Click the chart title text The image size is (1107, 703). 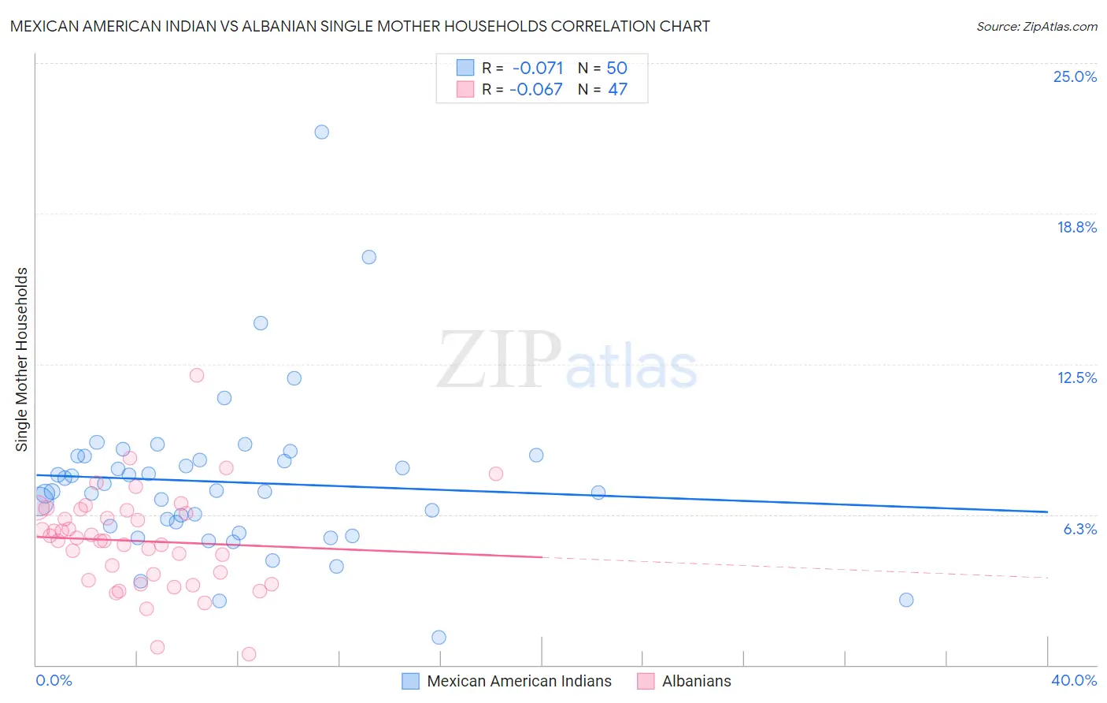(360, 26)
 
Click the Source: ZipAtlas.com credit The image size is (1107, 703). (1036, 26)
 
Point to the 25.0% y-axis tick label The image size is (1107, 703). (1075, 76)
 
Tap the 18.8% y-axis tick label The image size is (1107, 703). (1076, 227)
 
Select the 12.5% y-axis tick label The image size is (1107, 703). (1076, 378)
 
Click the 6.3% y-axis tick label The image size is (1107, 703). (1079, 529)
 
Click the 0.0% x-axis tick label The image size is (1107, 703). (54, 680)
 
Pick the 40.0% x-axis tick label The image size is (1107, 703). (1073, 680)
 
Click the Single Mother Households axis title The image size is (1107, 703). (22, 359)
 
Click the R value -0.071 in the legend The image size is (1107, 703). (538, 69)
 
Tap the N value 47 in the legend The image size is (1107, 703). (617, 90)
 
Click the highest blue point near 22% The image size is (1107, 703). (321, 132)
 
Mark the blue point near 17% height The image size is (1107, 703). (368, 257)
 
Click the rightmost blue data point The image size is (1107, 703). (906, 600)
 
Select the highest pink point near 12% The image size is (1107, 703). (197, 375)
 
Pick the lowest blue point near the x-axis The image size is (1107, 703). (439, 638)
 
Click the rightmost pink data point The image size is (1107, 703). (495, 474)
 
